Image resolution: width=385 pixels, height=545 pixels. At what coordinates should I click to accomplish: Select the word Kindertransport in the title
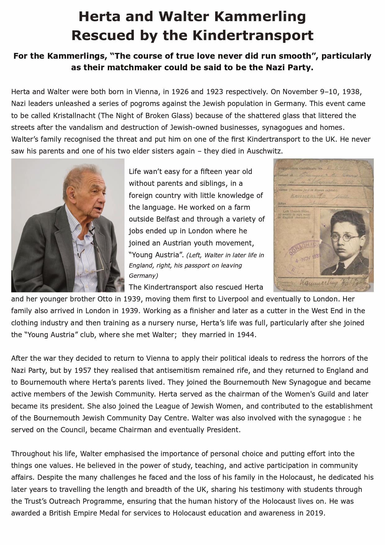(x=253, y=35)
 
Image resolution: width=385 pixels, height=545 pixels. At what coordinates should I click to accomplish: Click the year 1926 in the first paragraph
(x=180, y=92)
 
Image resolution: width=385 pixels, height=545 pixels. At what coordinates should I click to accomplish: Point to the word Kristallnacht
(x=75, y=116)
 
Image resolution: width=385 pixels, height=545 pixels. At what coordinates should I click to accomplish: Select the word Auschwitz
(x=265, y=151)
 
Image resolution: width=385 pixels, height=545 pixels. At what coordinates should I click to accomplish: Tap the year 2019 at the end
(x=314, y=513)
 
